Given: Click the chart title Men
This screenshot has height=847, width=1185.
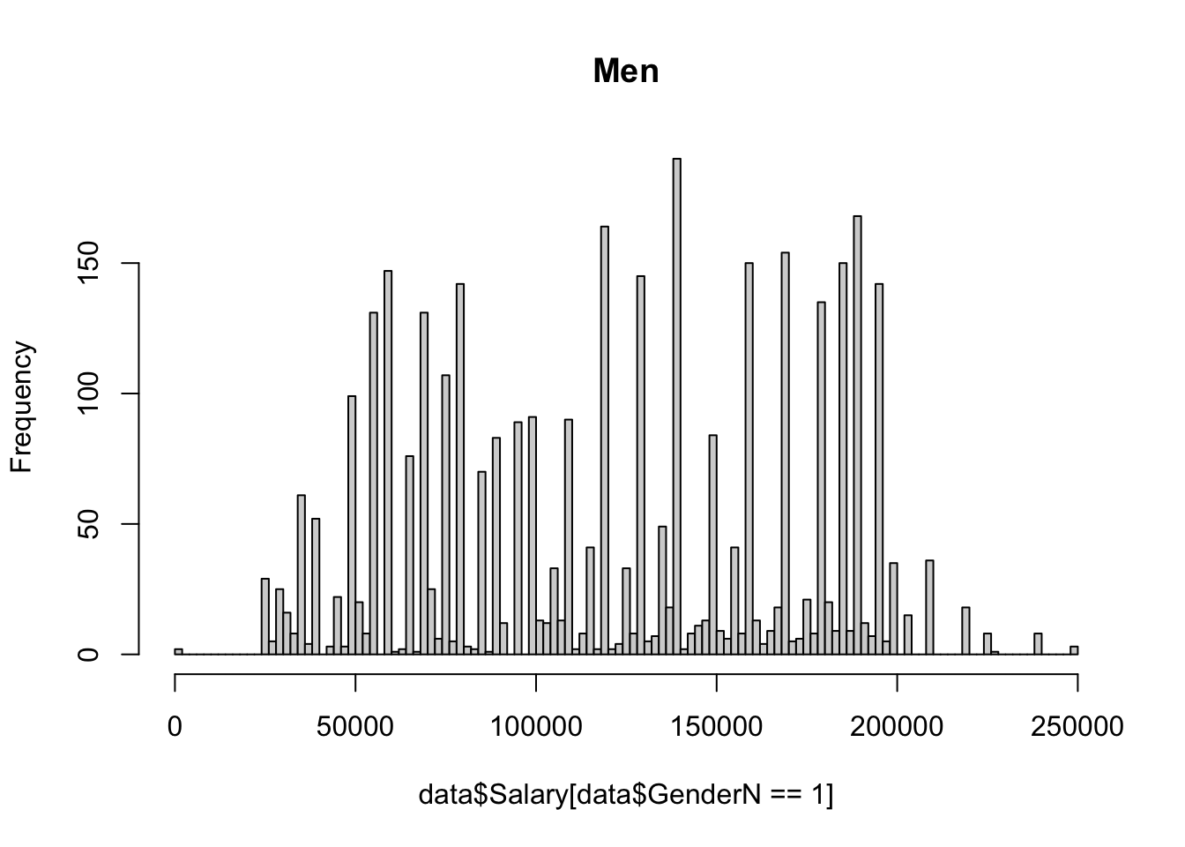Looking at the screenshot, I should pos(626,71).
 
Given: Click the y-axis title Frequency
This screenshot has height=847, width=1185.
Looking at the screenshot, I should pos(21,407).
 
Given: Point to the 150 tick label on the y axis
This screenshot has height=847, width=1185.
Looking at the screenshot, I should pos(86,263).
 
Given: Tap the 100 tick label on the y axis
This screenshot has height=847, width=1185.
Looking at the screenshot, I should pos(86,394).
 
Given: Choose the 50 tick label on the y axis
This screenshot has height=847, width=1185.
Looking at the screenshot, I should pos(86,524).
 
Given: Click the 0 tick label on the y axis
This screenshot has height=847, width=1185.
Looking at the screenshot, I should pos(86,655).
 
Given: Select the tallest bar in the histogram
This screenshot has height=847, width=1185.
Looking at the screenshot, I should pos(677,406).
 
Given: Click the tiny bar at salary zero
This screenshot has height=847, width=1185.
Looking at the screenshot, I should pos(178,651).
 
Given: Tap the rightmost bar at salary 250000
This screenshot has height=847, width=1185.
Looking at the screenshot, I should pos(1074,650).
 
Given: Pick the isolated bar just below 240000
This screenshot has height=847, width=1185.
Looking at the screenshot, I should pos(1038,644).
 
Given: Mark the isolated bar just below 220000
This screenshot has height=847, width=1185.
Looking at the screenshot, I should pos(965,631).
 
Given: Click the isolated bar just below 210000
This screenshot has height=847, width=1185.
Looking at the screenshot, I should pos(929,608).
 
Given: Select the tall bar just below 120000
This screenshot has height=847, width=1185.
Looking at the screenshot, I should pos(605,441).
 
